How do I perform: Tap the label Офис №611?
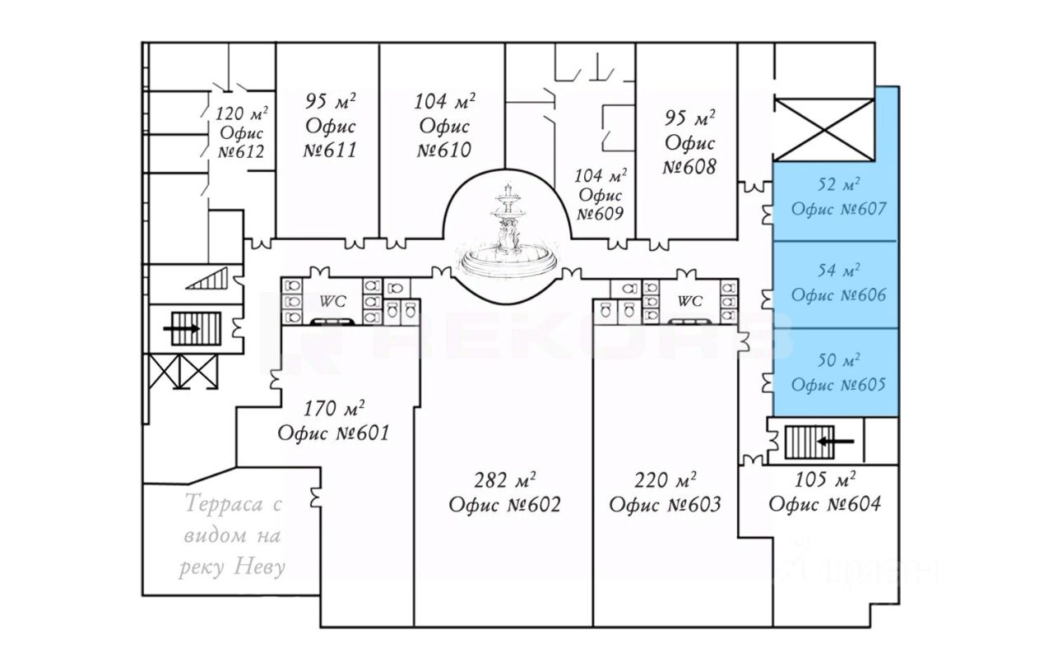tap(330, 138)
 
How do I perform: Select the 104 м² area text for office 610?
tap(444, 102)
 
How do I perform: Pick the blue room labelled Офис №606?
tap(838, 283)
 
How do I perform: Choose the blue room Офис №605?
tap(838, 372)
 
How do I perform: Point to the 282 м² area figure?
tap(505, 479)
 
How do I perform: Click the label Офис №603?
tap(665, 504)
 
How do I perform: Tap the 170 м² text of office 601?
tap(334, 408)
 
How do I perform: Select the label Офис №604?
tap(824, 504)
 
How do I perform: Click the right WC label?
tap(689, 301)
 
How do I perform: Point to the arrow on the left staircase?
tap(181, 328)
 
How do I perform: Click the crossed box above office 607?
tap(823, 129)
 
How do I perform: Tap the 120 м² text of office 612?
tap(241, 114)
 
